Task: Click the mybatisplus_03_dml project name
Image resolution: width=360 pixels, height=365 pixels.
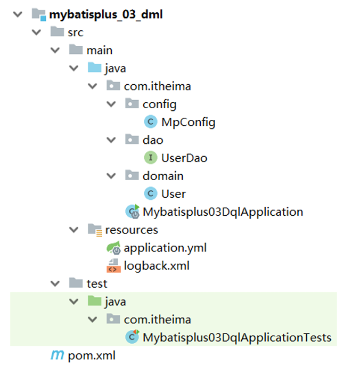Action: coord(105,14)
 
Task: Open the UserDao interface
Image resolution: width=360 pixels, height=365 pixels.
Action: coord(184,158)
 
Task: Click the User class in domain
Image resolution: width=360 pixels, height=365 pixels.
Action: coord(173,193)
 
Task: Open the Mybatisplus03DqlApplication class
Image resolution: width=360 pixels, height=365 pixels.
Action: coord(223,212)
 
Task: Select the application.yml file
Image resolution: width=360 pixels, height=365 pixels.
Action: coord(165,247)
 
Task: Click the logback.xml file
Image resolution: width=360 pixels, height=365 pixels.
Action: coord(157,265)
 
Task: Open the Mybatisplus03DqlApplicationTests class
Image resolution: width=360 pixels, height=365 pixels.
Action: coord(236,337)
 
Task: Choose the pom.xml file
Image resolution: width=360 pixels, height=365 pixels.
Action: coord(91,355)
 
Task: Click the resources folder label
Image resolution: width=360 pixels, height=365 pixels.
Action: coord(132,230)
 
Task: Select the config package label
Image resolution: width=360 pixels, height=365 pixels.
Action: coord(159,104)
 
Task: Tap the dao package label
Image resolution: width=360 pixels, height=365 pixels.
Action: coord(153,140)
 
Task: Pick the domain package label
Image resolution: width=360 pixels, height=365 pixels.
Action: coord(163,175)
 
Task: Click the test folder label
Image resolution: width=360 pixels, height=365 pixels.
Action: coord(96,283)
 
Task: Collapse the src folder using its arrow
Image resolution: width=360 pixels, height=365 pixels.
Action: coord(37,33)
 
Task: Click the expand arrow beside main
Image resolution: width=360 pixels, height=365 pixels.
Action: coord(55,50)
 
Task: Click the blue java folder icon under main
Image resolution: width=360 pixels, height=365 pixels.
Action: coord(94,68)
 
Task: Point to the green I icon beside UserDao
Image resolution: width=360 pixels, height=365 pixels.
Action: coord(151,158)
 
